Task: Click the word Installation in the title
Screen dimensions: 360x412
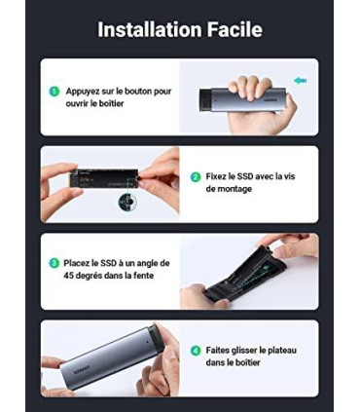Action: [150, 29]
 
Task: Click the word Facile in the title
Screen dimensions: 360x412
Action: [234, 29]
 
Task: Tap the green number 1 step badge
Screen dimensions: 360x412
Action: [54, 92]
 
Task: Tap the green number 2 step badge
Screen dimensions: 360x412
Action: [196, 177]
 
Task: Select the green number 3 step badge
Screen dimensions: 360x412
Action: [54, 263]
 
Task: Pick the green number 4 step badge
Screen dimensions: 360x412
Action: [196, 351]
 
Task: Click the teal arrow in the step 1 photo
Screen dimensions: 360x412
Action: [300, 81]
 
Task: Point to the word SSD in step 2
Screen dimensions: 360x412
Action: [244, 176]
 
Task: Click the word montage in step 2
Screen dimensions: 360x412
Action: [234, 189]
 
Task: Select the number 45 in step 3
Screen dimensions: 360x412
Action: [69, 276]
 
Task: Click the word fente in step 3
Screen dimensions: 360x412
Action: [143, 276]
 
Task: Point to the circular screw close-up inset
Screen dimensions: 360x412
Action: [127, 202]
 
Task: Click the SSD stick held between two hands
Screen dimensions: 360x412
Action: [108, 178]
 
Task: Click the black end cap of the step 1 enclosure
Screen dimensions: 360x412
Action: [205, 99]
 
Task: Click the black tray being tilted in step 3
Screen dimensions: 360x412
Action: [245, 277]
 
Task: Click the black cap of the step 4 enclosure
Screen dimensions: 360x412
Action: [155, 338]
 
